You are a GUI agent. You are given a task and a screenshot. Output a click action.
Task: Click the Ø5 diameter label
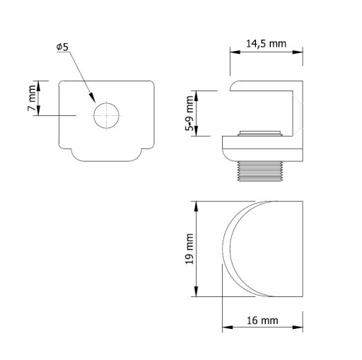point(62,47)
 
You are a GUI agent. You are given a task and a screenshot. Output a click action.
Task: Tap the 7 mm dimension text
point(32,98)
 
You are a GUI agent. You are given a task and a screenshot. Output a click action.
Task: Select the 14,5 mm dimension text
point(266,44)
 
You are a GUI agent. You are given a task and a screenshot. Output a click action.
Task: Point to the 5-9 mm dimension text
point(189,113)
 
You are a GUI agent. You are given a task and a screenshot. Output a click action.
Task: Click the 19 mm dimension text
point(189,249)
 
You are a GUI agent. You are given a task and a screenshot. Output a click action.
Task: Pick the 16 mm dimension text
point(262,320)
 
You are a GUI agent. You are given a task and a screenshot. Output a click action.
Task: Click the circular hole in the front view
point(106,116)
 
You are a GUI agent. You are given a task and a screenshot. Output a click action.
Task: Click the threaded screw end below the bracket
point(260,171)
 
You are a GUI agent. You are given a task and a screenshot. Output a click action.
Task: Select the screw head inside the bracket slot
point(260,134)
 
